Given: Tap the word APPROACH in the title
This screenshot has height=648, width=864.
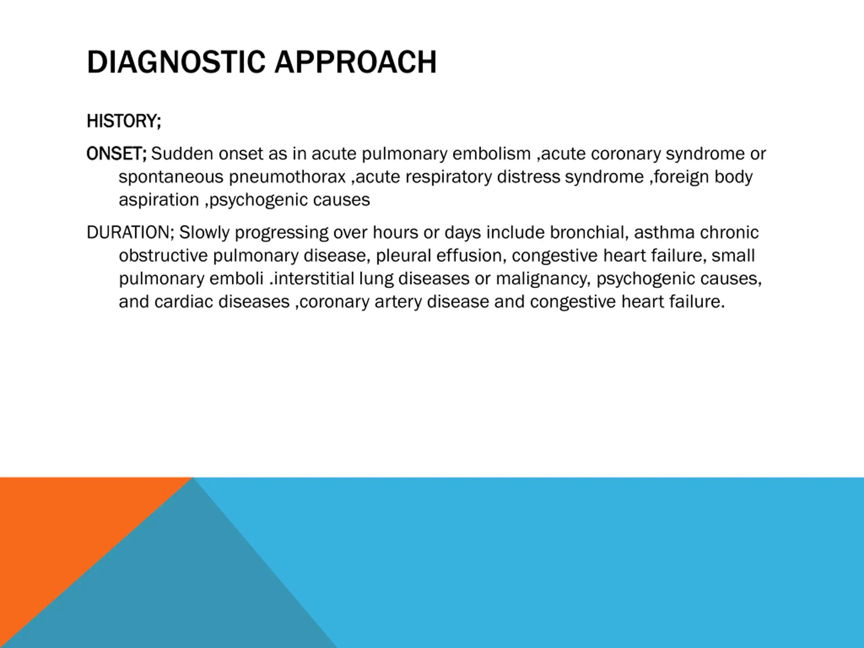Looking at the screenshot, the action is (355, 62).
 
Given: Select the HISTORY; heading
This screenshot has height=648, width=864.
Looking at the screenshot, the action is (124, 121).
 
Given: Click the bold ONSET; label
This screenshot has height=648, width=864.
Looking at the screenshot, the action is (116, 154).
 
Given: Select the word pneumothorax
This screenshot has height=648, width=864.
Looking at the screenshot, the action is (288, 177).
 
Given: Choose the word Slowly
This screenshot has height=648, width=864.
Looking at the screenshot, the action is (204, 233).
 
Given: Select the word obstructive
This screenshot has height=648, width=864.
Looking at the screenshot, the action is (163, 256).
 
